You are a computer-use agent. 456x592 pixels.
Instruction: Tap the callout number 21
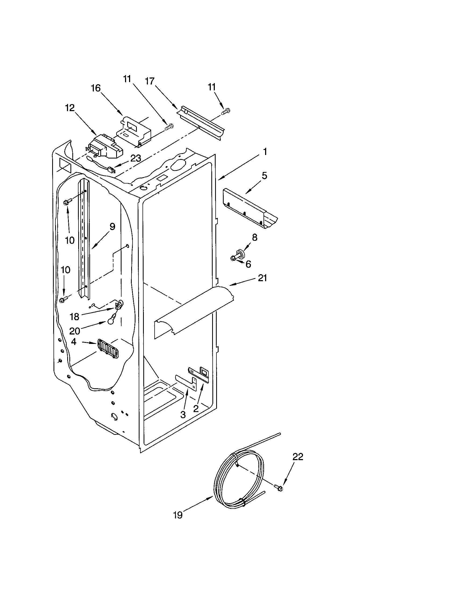(262, 278)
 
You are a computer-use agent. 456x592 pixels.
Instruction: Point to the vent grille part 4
(108, 349)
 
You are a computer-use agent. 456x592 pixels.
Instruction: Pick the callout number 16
(96, 88)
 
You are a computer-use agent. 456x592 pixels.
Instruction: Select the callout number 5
(264, 176)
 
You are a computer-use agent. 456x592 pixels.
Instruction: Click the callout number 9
(112, 227)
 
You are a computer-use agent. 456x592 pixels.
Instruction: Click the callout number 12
(70, 108)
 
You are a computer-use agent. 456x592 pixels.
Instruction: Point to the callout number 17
(149, 81)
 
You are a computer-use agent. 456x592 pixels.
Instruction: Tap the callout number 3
(183, 414)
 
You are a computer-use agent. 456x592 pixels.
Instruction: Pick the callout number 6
(248, 264)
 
